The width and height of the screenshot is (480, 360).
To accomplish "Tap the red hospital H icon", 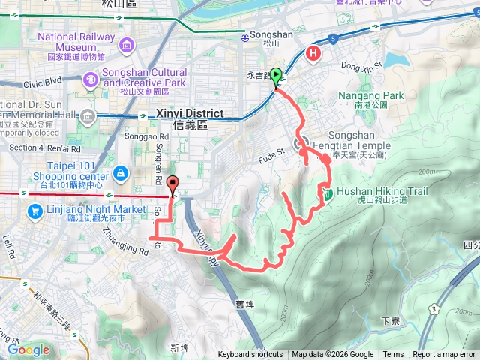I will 313,53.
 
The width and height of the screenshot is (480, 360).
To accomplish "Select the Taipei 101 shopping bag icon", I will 120,174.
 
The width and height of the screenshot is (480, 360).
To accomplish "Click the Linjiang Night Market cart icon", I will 34,212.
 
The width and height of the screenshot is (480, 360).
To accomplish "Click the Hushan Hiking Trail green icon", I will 328,195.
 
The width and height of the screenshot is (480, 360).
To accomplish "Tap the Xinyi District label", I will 191,113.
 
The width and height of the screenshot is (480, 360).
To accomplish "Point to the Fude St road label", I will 273,152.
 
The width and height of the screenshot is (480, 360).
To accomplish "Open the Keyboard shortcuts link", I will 250,355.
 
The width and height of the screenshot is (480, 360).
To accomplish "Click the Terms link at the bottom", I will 393,355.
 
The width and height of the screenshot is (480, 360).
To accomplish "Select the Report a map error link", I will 445,355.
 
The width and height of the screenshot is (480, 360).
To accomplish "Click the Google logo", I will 28,349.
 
